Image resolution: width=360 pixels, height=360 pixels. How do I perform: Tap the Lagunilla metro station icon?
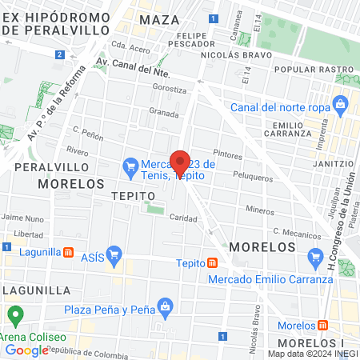(70, 252)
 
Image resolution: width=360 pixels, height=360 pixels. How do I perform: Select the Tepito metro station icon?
(212, 263)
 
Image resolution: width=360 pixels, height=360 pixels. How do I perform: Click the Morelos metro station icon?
(322, 326)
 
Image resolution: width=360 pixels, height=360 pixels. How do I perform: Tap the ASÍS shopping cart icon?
(114, 255)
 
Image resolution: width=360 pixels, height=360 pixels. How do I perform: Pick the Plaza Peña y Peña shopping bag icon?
(166, 305)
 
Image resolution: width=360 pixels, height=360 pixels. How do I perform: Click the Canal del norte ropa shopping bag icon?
(341, 103)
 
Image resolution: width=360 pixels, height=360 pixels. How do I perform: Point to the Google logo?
(26, 350)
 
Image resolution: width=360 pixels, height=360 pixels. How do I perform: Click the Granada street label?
(164, 114)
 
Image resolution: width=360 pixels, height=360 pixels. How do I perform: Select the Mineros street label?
(260, 210)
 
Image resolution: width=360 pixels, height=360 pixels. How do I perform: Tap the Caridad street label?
(183, 218)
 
